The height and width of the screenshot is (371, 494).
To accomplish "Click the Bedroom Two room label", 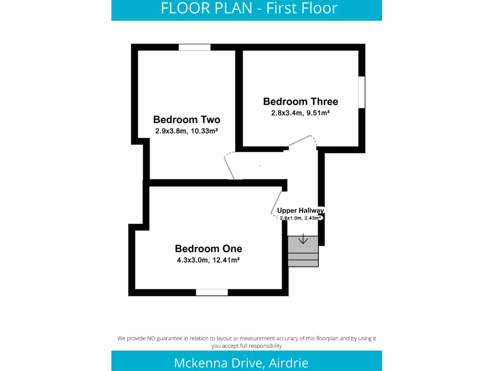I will (x=187, y=119).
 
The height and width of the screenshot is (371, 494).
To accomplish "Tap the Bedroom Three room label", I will (x=301, y=101).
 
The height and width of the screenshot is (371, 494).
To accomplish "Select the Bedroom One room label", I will (x=208, y=249).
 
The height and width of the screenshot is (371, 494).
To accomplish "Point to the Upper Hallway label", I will (x=300, y=211).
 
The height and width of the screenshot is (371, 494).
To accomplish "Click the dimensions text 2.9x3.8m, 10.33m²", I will (x=187, y=131).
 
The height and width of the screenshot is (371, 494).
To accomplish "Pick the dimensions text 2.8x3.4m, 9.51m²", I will (x=300, y=113).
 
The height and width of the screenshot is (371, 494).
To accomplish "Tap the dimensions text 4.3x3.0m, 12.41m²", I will (x=208, y=260).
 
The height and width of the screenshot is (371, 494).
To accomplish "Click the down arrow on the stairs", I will (x=303, y=239).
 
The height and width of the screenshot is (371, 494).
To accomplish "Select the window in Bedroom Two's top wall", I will (x=194, y=47).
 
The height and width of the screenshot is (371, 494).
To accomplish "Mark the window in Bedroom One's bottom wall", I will (x=212, y=292).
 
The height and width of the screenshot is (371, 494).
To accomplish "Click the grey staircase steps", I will (x=303, y=252).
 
